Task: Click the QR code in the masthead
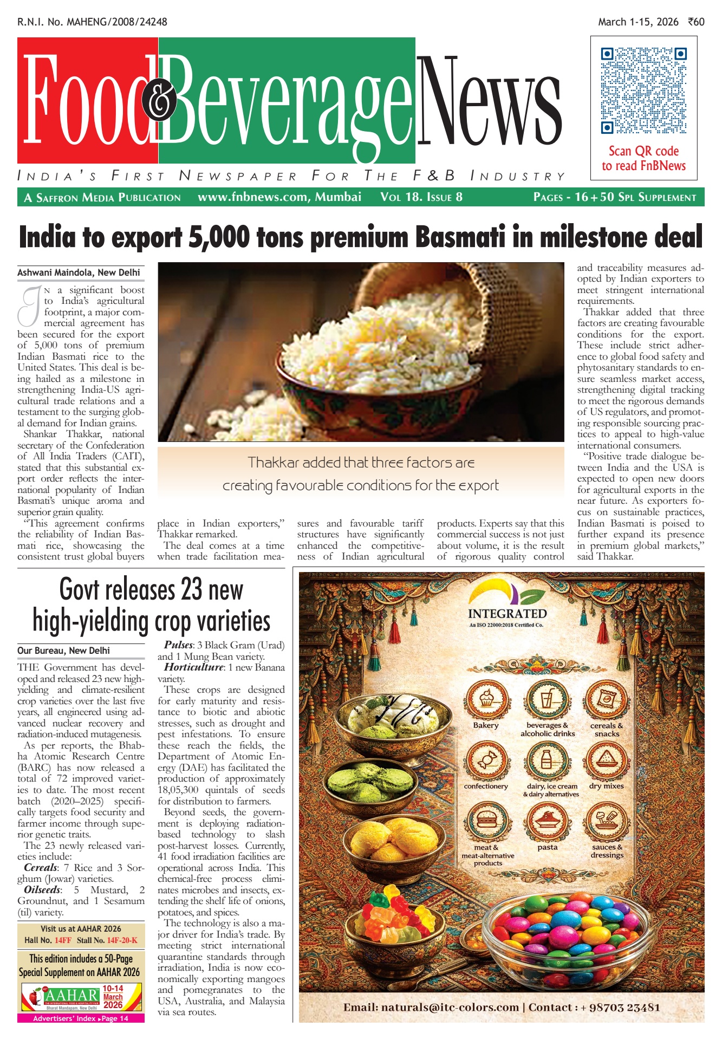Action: (643, 90)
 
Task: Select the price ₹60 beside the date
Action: (696, 22)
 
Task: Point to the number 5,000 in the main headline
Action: (218, 237)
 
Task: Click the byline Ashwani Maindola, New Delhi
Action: (79, 272)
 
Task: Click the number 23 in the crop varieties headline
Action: (192, 590)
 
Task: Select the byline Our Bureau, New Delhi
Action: (63, 651)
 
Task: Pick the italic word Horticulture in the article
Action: (193, 667)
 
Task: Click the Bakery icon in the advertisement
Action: (486, 700)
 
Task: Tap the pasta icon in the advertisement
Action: (547, 822)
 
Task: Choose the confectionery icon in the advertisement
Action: (486, 761)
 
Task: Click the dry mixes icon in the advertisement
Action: (607, 761)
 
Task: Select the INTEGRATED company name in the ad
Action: (507, 614)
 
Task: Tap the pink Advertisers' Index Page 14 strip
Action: (81, 1018)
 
